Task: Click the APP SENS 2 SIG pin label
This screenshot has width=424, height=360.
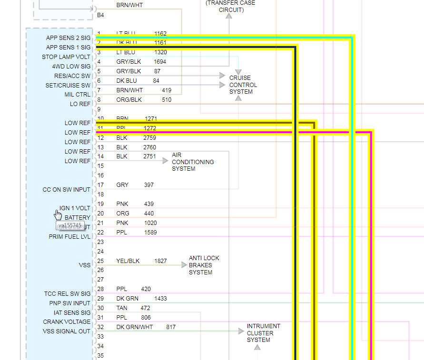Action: click(68, 38)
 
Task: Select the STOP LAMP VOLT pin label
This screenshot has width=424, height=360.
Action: click(66, 57)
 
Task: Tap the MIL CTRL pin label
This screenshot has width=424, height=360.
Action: click(77, 95)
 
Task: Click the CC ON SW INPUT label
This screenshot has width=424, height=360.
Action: click(67, 190)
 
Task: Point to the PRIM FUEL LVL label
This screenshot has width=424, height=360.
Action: click(69, 237)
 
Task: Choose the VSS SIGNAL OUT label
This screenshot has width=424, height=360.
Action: click(67, 331)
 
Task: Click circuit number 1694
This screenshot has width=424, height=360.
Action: click(160, 62)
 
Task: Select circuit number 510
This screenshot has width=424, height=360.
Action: click(167, 100)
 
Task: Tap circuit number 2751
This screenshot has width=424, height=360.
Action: click(149, 156)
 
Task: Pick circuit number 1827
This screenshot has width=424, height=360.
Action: click(160, 261)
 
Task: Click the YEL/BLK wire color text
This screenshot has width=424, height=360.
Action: click(128, 261)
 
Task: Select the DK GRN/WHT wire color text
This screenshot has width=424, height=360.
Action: click(135, 327)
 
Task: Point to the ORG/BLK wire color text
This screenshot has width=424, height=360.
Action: click(129, 100)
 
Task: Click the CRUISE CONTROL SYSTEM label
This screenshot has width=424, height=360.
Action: click(243, 85)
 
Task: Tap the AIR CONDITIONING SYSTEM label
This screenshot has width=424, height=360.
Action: click(193, 162)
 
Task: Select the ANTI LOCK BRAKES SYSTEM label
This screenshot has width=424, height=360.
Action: click(204, 265)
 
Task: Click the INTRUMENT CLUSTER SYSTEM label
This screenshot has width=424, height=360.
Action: click(263, 333)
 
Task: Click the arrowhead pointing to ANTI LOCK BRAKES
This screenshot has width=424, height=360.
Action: click(184, 265)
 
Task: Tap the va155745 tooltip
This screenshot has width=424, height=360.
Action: click(70, 225)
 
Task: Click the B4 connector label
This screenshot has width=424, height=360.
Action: click(100, 15)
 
